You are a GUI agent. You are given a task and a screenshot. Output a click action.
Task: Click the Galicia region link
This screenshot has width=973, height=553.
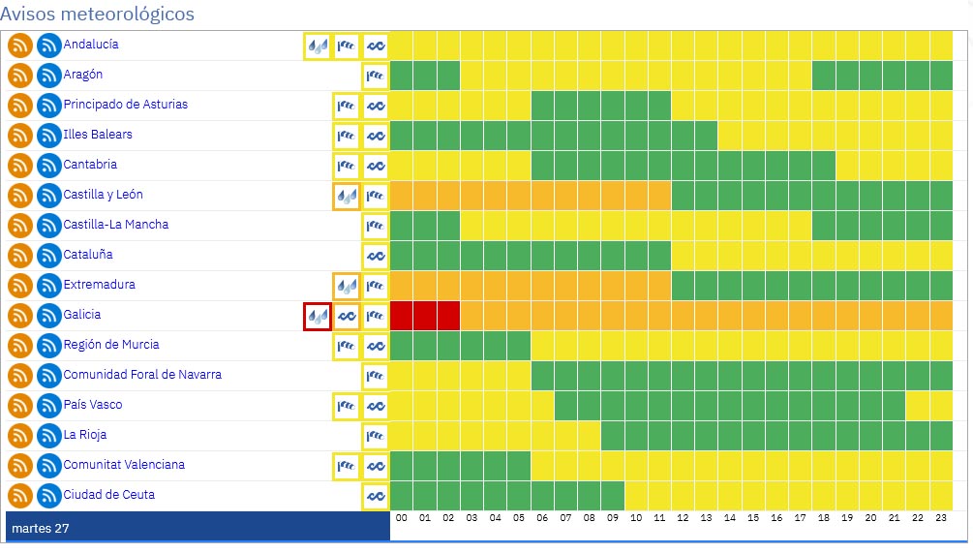pyautogui.click(x=82, y=315)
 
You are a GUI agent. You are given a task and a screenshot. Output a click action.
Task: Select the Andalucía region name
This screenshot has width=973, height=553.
pyautogui.click(x=91, y=45)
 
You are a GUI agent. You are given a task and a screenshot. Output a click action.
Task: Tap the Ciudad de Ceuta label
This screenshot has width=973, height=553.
pyautogui.click(x=108, y=495)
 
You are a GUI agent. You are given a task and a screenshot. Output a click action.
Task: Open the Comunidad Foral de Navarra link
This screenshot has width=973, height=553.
pyautogui.click(x=142, y=375)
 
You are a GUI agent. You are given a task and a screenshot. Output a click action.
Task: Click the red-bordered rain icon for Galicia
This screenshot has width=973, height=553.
pyautogui.click(x=318, y=316)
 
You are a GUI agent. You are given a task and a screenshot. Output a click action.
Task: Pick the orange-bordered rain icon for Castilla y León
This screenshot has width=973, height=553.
pyautogui.click(x=346, y=196)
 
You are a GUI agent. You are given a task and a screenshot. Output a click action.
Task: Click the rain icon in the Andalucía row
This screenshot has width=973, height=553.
pyautogui.click(x=318, y=46)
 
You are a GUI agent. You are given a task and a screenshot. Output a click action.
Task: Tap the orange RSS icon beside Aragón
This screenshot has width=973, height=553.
pyautogui.click(x=20, y=76)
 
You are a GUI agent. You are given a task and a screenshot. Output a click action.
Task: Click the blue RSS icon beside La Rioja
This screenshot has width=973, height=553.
pyautogui.click(x=48, y=436)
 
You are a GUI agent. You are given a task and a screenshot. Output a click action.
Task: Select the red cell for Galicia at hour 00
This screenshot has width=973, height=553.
pyautogui.click(x=402, y=316)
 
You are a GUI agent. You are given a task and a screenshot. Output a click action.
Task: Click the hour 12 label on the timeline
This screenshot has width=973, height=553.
pyautogui.click(x=684, y=519)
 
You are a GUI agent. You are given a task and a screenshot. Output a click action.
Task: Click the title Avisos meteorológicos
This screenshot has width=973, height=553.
pyautogui.click(x=98, y=15)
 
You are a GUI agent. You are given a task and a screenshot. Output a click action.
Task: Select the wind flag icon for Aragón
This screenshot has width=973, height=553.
pyautogui.click(x=375, y=76)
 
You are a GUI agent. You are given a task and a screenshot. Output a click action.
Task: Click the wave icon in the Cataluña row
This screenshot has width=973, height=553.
pyautogui.click(x=375, y=256)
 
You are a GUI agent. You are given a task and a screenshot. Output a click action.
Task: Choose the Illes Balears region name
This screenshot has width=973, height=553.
pyautogui.click(x=98, y=135)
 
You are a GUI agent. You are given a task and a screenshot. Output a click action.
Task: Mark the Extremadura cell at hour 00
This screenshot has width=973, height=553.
pyautogui.click(x=402, y=286)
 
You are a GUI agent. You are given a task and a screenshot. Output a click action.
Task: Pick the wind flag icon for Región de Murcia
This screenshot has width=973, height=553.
pyautogui.click(x=346, y=346)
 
